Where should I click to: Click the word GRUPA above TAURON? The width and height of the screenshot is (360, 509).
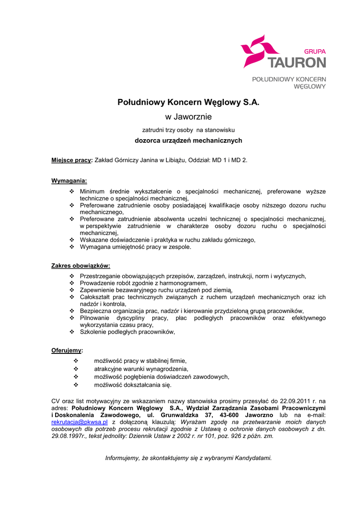(x=315, y=51)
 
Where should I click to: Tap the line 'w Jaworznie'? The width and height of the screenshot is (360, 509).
(x=188, y=117)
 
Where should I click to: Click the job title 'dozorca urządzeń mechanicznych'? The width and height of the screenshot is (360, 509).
(x=188, y=141)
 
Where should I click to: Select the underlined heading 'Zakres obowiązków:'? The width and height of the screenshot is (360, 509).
(x=81, y=265)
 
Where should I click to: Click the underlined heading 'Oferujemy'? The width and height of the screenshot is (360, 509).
(x=67, y=350)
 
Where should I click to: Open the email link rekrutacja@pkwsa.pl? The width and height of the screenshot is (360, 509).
(x=80, y=422)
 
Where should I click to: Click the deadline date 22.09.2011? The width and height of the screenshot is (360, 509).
(x=293, y=400)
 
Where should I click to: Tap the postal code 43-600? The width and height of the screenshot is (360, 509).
(x=231, y=415)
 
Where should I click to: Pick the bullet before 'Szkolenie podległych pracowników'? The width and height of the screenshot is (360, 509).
(x=72, y=332)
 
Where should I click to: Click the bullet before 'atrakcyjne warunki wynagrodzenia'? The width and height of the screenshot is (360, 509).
(x=76, y=369)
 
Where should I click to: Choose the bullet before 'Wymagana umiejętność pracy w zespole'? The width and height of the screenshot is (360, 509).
(x=72, y=247)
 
